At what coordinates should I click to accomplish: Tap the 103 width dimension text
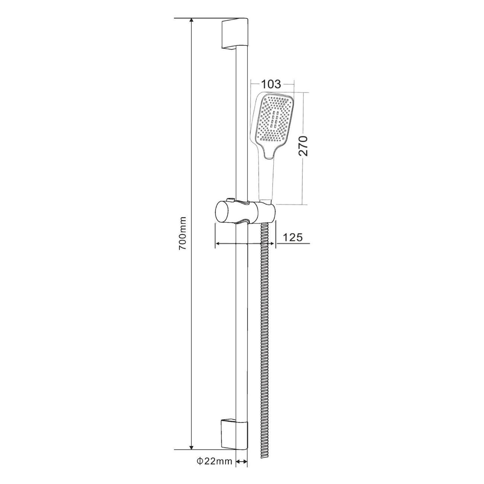[x=271, y=85]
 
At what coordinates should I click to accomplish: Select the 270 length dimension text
[x=304, y=146]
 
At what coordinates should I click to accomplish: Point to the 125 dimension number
[x=293, y=237]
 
